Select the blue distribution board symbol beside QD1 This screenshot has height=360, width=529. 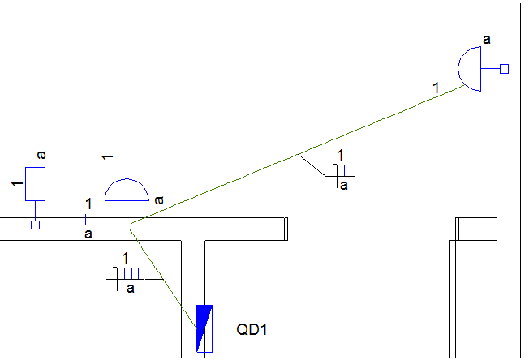click(204, 328)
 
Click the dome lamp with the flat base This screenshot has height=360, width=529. click(127, 191)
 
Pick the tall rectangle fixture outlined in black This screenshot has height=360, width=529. click(35, 183)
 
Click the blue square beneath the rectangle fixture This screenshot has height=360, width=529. click(35, 225)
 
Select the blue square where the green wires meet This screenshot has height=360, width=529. click(127, 225)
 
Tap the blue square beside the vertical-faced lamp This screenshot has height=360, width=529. click(504, 69)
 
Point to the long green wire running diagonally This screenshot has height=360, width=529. click(300, 153)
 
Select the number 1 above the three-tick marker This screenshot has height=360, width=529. click(125, 259)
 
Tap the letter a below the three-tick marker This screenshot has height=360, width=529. click(131, 287)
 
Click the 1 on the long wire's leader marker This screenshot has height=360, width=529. click(340, 156)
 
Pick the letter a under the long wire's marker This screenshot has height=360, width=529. click(343, 186)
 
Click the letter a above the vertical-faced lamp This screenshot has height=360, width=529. click(486, 38)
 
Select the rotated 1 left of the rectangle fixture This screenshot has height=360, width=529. click(15, 185)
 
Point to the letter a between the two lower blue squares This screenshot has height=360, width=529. click(88, 234)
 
